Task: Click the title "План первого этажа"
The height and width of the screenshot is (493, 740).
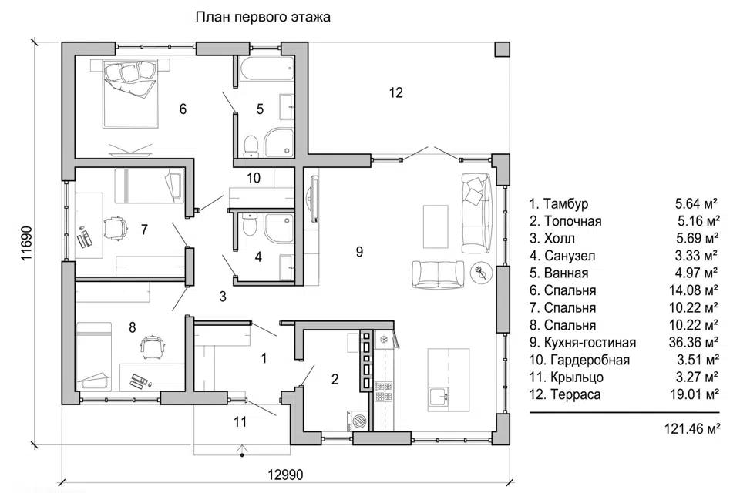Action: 263,17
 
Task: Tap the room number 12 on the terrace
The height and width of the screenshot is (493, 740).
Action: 395,93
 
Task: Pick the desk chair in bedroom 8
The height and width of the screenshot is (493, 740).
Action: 151,345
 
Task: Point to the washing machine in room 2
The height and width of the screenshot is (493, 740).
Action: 358,421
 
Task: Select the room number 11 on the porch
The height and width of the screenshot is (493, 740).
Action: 240,421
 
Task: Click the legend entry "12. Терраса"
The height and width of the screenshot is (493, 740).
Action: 564,394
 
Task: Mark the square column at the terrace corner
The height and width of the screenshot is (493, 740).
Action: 502,48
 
